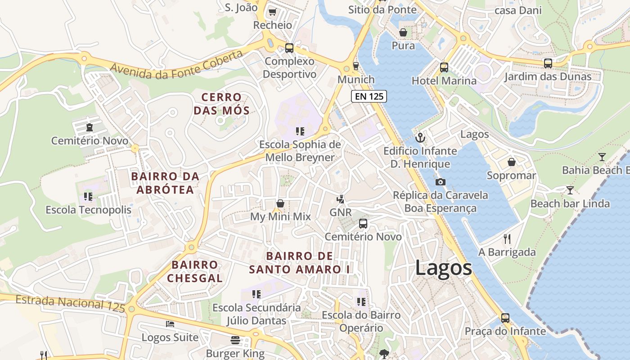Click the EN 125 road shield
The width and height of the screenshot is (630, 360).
(369, 96)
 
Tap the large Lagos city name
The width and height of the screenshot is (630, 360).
(443, 268)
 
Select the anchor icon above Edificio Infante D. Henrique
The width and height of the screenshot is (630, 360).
(420, 138)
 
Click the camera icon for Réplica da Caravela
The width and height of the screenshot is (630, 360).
(441, 182)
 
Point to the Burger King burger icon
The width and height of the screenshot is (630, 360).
(235, 340)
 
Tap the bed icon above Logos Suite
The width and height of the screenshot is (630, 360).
(170, 324)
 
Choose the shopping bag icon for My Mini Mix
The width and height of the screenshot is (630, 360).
(280, 203)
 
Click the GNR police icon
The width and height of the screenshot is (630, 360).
(341, 199)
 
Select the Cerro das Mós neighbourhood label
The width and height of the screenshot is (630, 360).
(221, 104)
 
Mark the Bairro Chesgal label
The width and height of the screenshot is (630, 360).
(195, 271)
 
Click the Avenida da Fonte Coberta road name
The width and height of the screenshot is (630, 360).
(176, 65)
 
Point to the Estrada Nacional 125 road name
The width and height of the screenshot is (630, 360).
(70, 303)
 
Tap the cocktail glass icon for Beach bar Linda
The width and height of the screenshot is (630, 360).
(570, 190)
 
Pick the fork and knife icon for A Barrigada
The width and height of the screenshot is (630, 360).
(507, 238)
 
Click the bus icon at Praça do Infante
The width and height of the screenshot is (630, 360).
(505, 318)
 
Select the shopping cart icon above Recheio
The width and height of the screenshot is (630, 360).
(272, 12)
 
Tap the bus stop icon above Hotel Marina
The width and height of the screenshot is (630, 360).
(444, 67)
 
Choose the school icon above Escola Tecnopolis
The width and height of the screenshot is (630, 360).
(88, 197)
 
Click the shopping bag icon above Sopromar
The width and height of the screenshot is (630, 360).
(511, 162)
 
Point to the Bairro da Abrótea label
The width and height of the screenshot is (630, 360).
(165, 183)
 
